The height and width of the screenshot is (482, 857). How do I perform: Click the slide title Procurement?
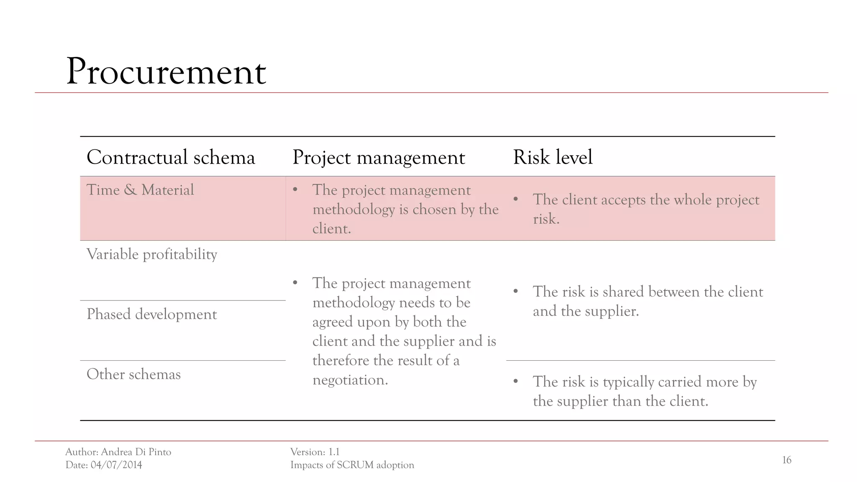point(166,72)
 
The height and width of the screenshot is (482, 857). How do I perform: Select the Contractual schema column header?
point(170,157)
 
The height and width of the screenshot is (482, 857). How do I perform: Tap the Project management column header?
point(378,158)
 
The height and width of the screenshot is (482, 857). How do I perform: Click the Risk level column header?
point(552,157)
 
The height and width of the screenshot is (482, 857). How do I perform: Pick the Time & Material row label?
point(140,190)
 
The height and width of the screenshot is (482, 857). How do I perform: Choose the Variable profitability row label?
point(151,254)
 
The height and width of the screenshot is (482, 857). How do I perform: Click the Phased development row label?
point(151,314)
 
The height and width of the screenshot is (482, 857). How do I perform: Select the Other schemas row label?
point(133,374)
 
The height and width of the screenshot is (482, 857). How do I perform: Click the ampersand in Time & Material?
point(130,190)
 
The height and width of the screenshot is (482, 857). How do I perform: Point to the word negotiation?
point(350,380)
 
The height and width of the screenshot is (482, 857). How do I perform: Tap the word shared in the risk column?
point(623,292)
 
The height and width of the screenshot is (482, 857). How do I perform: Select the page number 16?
point(786,460)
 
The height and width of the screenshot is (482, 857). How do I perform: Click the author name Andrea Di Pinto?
point(136,452)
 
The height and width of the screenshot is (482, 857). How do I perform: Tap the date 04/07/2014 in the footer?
point(116,465)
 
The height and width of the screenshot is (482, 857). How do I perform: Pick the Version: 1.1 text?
point(315,452)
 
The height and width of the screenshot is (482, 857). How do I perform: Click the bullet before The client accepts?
point(516,200)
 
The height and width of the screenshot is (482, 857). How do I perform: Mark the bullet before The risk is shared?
point(516,292)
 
